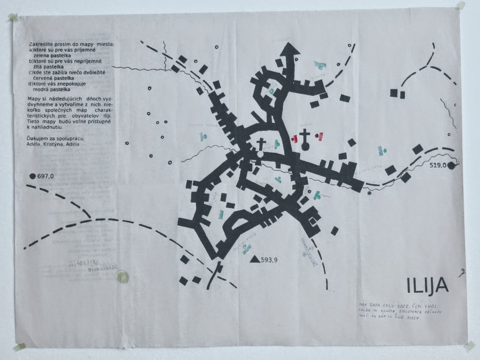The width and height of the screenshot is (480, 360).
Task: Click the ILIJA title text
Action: (428, 286)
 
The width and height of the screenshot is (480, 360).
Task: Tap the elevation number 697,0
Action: (45, 177)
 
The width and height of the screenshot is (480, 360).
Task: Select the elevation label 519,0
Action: (438, 166)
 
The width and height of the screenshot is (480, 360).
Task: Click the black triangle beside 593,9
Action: (254, 259)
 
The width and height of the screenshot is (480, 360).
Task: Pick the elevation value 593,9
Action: (270, 260)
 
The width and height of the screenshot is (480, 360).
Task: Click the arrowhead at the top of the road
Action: (290, 49)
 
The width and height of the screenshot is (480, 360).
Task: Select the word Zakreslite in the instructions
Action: (41, 44)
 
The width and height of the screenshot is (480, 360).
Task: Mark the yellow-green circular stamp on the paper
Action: (123, 277)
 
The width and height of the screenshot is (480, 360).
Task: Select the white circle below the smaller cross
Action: (260, 155)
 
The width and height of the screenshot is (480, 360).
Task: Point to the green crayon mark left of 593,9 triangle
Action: (246, 248)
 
